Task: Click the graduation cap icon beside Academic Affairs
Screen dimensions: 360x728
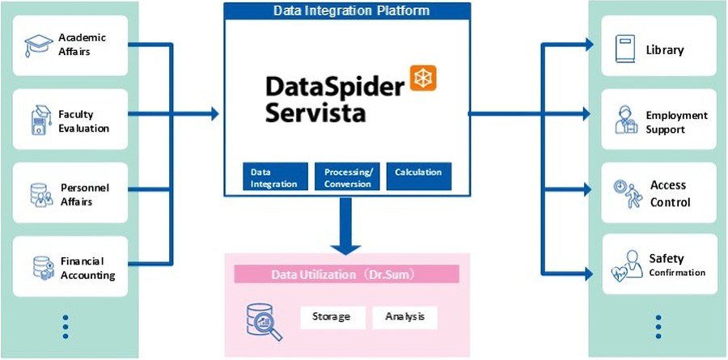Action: (38, 45)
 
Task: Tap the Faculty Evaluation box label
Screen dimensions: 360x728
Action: (83, 121)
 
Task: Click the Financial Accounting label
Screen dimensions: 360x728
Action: (87, 269)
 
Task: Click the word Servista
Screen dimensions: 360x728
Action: (315, 110)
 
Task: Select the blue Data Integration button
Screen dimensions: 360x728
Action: (275, 177)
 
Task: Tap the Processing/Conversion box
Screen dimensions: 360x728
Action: (347, 177)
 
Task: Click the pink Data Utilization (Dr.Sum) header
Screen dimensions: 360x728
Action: (346, 275)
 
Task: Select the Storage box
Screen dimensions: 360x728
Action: (331, 316)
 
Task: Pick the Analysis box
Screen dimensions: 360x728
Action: (404, 316)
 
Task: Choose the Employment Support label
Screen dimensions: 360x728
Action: (676, 122)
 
